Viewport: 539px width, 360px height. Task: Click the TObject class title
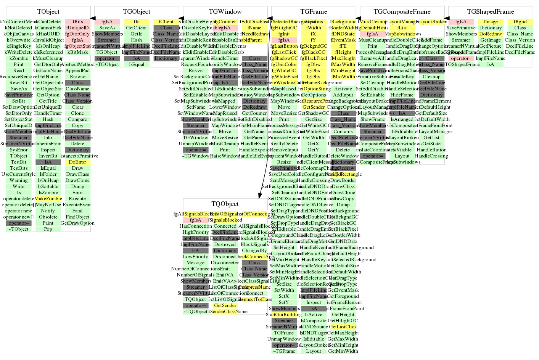pyautogui.click(x=48, y=12)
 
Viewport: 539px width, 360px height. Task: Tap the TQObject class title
pyautogui.click(x=225, y=204)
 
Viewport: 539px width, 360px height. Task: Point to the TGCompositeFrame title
pyautogui.click(x=402, y=12)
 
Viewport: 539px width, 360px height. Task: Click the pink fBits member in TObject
pyautogui.click(x=77, y=22)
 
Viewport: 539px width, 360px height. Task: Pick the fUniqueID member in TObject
pyautogui.click(x=77, y=28)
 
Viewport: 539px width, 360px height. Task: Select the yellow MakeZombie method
pyautogui.click(x=48, y=199)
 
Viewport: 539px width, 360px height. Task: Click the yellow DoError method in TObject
pyautogui.click(x=77, y=162)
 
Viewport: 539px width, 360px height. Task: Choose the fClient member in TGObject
pyautogui.click(x=166, y=22)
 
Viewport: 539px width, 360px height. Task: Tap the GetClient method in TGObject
pyautogui.click(x=136, y=28)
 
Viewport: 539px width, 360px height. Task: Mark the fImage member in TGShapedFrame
pyautogui.click(x=490, y=22)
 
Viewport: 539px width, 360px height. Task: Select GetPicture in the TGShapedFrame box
pyautogui.click(x=490, y=46)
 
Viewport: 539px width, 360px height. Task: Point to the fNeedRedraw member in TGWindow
pyautogui.click(x=254, y=34)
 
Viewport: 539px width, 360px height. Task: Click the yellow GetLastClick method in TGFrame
pyautogui.click(x=343, y=327)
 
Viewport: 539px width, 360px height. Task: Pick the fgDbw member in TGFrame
pyautogui.click(x=313, y=64)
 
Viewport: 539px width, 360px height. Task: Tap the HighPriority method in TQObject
pyautogui.click(x=195, y=232)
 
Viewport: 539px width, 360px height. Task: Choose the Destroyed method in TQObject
pyautogui.click(x=225, y=244)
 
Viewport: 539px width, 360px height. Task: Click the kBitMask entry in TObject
pyautogui.click(x=77, y=52)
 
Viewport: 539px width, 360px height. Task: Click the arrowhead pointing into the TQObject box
pyautogui.click(x=260, y=195)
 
